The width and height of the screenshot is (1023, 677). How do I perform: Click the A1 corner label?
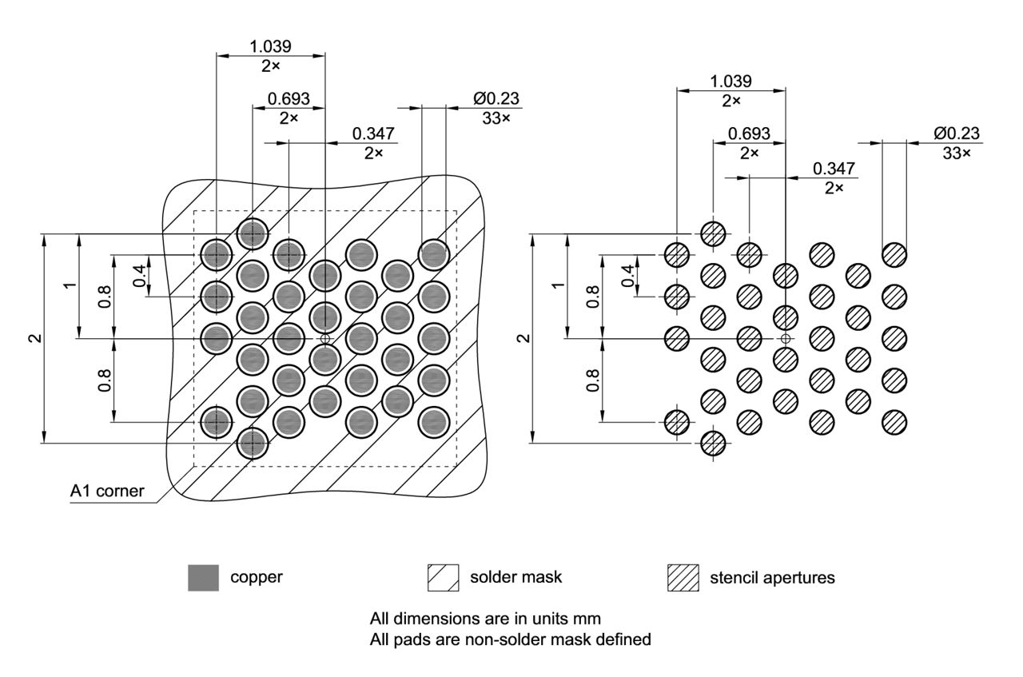(x=107, y=491)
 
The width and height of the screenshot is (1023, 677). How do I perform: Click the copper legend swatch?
(x=202, y=577)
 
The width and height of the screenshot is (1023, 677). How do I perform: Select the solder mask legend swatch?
(x=444, y=577)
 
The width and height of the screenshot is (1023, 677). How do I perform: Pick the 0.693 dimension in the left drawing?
(x=289, y=99)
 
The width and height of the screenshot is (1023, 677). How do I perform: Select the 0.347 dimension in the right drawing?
(x=834, y=169)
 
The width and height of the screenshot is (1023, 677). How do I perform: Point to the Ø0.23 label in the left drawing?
(x=496, y=99)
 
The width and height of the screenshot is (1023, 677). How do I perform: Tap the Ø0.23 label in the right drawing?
(x=956, y=133)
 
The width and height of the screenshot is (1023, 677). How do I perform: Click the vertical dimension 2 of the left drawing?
(x=34, y=338)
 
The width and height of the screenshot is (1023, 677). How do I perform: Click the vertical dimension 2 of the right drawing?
(x=523, y=338)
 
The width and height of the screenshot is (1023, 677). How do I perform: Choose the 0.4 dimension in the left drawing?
(x=140, y=275)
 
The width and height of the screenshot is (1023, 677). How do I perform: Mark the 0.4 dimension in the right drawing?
(x=628, y=275)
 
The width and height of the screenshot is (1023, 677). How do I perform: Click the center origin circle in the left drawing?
(x=324, y=339)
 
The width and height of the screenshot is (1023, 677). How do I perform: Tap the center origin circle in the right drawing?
(x=786, y=339)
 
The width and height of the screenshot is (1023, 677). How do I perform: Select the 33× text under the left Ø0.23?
(x=496, y=117)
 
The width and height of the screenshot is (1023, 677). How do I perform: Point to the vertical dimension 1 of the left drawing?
(x=72, y=285)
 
